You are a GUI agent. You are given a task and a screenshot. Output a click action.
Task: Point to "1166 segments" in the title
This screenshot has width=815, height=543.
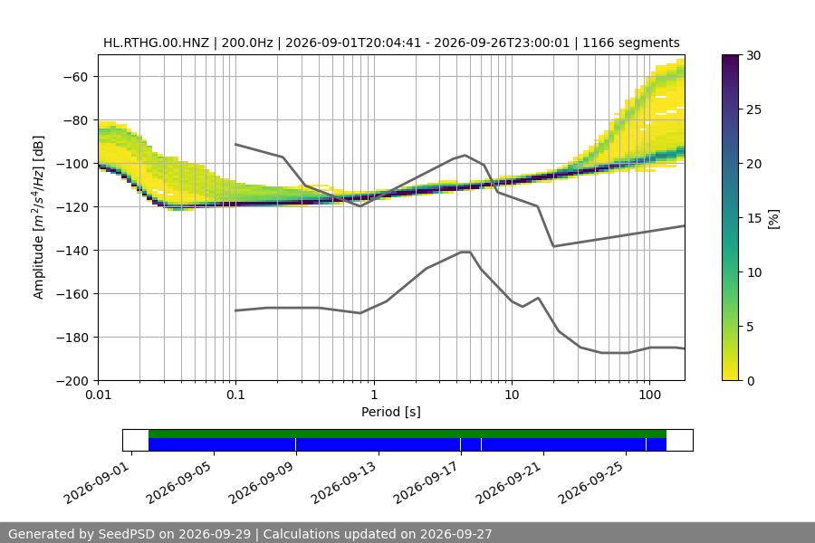(631, 43)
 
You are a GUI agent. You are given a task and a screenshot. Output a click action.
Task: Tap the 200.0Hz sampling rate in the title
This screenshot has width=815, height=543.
(247, 43)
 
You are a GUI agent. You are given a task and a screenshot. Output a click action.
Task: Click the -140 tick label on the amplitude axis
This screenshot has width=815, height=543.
(75, 251)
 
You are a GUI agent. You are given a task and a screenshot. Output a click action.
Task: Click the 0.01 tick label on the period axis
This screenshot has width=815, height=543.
(98, 395)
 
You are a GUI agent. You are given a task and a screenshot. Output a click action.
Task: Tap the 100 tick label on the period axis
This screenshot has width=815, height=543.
(649, 395)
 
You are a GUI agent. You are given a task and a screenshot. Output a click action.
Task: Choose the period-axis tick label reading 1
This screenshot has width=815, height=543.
(374, 395)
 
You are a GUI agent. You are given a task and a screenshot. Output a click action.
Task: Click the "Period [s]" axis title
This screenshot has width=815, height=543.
(391, 412)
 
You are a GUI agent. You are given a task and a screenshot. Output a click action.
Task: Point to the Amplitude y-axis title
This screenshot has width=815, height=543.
(38, 217)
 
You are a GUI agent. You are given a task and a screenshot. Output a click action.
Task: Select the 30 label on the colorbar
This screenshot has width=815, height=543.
(753, 55)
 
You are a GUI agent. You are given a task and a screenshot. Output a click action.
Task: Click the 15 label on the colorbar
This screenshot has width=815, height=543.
(753, 218)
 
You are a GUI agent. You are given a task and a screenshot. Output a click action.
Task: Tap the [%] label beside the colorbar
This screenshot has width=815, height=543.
(774, 219)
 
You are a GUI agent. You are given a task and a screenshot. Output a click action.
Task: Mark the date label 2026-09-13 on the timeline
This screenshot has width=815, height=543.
(343, 483)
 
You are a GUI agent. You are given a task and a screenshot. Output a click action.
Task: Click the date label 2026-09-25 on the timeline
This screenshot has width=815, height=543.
(591, 483)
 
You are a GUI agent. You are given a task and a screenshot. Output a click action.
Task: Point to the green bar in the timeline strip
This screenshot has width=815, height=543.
(407, 433)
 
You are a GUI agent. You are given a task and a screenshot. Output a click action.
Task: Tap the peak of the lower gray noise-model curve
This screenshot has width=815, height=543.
(465, 252)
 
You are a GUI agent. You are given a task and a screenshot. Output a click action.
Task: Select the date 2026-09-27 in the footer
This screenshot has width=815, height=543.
(455, 534)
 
